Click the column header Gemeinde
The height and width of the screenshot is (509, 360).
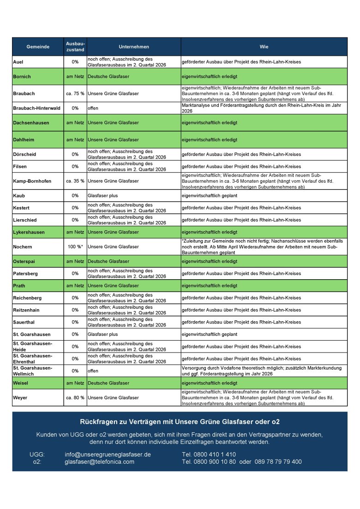pos(38,47)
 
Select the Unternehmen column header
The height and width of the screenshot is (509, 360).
pos(134,47)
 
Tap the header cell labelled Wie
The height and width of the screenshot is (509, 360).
pos(264,47)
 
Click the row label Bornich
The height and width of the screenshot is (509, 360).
pos(22,77)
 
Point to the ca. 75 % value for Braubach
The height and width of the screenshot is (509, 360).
pos(75,94)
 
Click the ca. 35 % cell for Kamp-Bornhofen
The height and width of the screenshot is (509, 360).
pos(75,181)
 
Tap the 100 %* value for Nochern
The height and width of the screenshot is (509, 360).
pos(75,247)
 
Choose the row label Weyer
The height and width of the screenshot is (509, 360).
pos(20,397)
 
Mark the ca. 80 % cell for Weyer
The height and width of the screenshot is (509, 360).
pos(75,397)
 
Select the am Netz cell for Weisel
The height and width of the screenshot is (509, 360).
pos(75,383)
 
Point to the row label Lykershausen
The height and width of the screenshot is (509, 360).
pos(28,232)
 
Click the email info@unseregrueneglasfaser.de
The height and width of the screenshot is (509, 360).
pos(108,455)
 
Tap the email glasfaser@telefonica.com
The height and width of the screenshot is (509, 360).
pos(99,461)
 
